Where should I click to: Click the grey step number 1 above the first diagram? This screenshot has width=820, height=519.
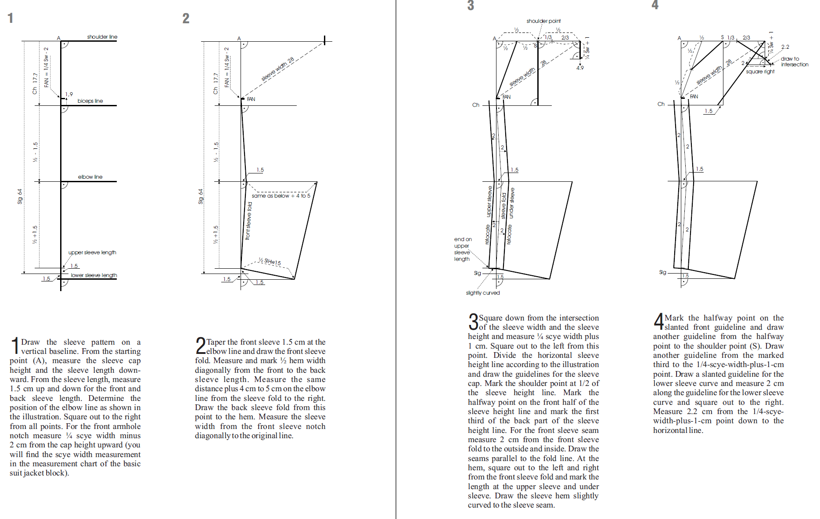pos(11,18)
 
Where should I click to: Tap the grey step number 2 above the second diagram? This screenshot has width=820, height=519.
pos(186,18)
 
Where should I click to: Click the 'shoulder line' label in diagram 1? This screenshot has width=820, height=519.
pos(102,37)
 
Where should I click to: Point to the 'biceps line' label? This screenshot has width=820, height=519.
pos(90,101)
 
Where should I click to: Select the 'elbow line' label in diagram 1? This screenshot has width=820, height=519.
pos(90,177)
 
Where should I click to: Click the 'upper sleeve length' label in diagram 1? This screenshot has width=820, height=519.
pos(92,252)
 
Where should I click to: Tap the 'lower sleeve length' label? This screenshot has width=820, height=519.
pos(94,275)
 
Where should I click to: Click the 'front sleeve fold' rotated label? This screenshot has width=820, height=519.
pos(248,221)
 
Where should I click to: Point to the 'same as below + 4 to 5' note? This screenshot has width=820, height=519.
pos(281,196)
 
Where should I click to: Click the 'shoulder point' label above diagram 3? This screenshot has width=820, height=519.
pos(543,21)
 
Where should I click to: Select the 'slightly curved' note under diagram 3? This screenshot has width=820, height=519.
pos(483,293)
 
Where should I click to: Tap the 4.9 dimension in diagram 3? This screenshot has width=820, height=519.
pos(580,68)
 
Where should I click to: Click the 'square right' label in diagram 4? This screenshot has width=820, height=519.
pos(760,72)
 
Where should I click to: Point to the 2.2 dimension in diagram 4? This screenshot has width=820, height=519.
pos(785,47)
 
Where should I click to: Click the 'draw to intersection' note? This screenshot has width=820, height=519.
pos(795,61)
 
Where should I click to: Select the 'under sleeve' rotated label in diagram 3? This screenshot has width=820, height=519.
pos(511,203)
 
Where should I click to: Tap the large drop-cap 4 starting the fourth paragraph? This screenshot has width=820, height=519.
pos(658,321)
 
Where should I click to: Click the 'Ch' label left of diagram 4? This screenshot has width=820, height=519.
pos(661,104)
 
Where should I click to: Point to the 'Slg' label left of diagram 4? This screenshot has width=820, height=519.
pos(663,272)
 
